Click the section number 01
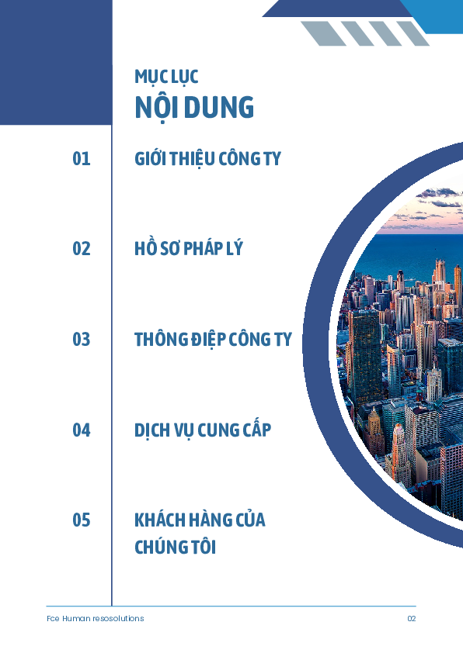(x=82, y=159)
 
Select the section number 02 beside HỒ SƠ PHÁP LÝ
(x=82, y=249)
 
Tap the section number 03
(x=82, y=340)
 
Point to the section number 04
(x=82, y=430)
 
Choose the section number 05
(x=82, y=520)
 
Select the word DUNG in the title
(x=218, y=108)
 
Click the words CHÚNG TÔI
(x=176, y=547)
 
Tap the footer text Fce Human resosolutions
(x=95, y=618)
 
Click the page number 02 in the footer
(x=412, y=618)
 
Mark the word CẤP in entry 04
(x=257, y=429)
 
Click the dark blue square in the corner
(x=56, y=63)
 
